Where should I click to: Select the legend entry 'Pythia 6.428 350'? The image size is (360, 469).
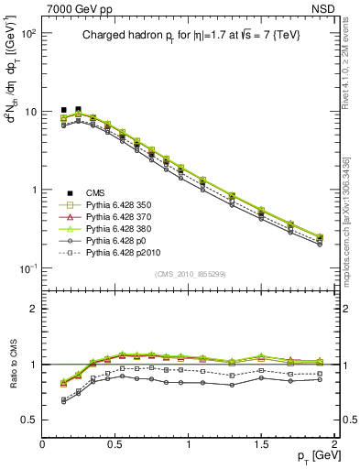(118, 205)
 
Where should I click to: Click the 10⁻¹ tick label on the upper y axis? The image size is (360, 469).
(27, 268)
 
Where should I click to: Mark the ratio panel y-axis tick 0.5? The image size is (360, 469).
(29, 420)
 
